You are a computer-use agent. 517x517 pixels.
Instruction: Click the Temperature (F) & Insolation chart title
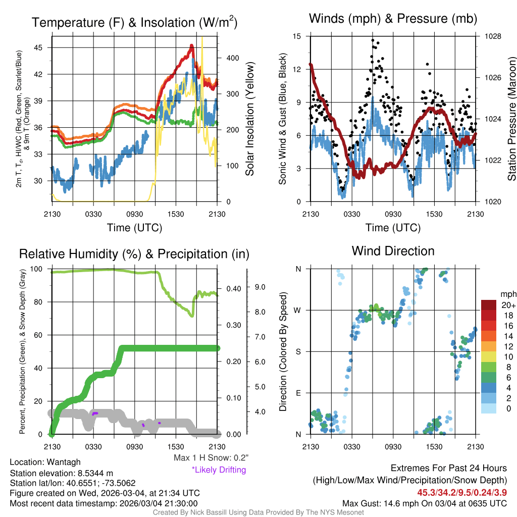(134, 23)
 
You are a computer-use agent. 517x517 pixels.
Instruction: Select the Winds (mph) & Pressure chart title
(393, 19)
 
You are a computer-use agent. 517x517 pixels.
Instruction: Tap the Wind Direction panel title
(393, 251)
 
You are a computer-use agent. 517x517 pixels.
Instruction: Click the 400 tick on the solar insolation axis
(226, 58)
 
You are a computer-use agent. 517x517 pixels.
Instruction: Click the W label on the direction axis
(298, 310)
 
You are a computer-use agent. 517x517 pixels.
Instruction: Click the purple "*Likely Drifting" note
(219, 470)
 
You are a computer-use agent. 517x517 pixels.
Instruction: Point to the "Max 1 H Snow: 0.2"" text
(211, 458)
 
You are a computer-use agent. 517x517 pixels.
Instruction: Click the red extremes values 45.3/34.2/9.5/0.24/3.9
(461, 492)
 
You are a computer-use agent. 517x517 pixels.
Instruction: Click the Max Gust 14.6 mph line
(424, 503)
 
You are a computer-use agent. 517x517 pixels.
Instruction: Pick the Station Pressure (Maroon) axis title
(511, 118)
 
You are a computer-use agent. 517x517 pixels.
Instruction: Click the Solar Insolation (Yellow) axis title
(249, 119)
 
